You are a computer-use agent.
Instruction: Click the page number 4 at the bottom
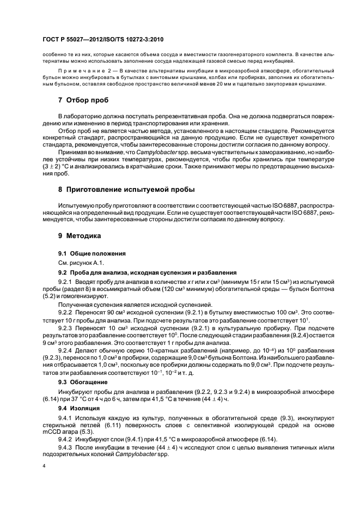(44, 466)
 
